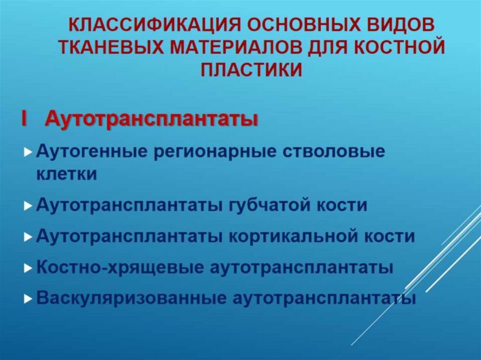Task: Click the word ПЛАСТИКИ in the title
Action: tap(251, 69)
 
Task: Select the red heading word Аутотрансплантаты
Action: tap(151, 119)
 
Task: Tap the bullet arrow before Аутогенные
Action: tap(29, 153)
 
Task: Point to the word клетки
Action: tap(67, 174)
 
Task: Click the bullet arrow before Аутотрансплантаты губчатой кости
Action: tap(29, 207)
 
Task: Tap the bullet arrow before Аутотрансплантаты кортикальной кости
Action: tap(29, 237)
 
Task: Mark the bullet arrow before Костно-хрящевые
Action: tap(29, 268)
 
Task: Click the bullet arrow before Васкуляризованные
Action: tap(29, 299)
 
